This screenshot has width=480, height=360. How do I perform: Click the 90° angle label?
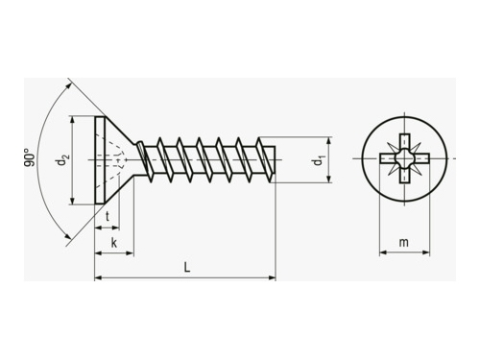29,157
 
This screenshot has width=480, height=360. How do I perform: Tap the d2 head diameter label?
61,160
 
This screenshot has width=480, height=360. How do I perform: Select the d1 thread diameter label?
319,160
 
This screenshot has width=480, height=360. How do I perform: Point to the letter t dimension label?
108,217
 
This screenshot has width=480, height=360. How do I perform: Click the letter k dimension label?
114,243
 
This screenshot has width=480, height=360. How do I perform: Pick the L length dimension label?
187,267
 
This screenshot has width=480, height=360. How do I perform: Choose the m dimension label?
404,243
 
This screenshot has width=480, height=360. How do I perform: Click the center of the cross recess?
405,158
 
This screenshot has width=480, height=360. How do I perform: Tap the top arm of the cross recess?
405,142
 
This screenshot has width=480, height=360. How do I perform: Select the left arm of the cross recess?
388,158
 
